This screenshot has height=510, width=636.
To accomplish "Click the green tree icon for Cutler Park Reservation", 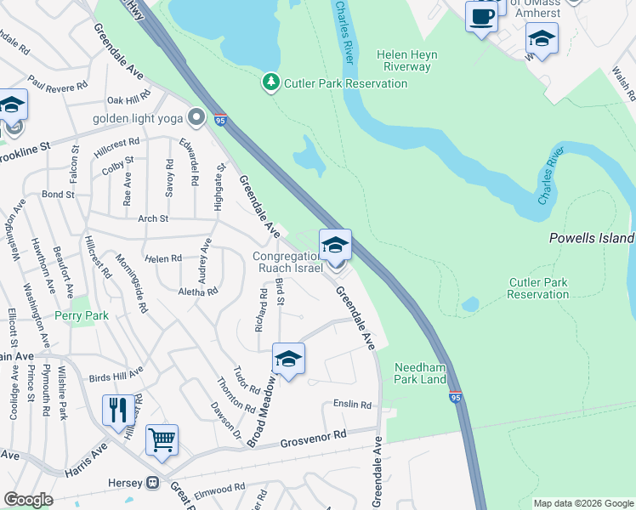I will click(271, 82).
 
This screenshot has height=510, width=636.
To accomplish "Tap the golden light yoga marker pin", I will click(197, 116).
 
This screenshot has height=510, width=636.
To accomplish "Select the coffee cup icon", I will click(481, 16).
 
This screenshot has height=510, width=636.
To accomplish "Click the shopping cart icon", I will click(162, 439).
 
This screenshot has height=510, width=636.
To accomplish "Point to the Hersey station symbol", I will click(153, 483).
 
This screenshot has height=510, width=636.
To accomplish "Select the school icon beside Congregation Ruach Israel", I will click(335, 245).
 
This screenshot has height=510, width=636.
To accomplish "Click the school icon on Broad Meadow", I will click(288, 360).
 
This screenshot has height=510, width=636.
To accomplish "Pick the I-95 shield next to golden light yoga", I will click(220, 120).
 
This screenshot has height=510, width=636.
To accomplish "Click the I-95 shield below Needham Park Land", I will click(456, 396).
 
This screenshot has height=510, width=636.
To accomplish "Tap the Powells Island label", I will click(591, 239).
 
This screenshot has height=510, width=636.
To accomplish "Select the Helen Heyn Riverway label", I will click(410, 60).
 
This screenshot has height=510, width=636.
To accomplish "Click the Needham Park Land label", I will click(421, 373).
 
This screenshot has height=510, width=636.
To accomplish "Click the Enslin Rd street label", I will click(352, 405).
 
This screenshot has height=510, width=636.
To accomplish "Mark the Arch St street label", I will click(153, 218).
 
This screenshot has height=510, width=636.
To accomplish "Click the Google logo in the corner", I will click(28, 500).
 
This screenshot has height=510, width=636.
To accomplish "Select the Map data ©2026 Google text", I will click(583, 503).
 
